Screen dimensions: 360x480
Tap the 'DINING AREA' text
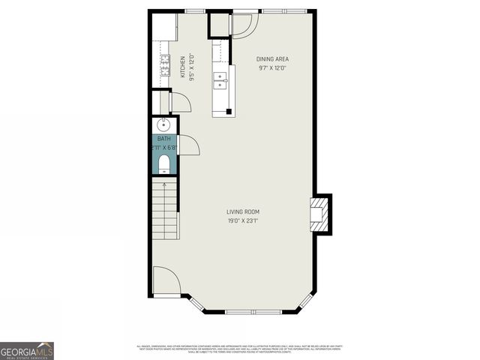pyautogui.click(x=272, y=59)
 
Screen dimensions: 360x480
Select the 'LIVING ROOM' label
pyautogui.click(x=243, y=211)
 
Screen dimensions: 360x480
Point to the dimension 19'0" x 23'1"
pyautogui.click(x=243, y=220)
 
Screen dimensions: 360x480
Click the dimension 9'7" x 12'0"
pyautogui.click(x=272, y=68)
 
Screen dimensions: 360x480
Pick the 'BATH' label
pyautogui.click(x=163, y=139)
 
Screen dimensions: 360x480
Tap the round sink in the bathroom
pyautogui.click(x=163, y=125)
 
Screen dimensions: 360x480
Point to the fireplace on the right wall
pyautogui.click(x=319, y=214)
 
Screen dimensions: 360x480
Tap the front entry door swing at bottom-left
pyautogui.click(x=165, y=280)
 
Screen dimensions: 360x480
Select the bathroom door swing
pyautogui.click(x=187, y=145)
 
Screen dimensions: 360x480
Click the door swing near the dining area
pyautogui.click(x=244, y=25)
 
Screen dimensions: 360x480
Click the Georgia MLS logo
pyautogui.click(x=27, y=350)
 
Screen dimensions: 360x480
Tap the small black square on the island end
pyautogui.click(x=229, y=112)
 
